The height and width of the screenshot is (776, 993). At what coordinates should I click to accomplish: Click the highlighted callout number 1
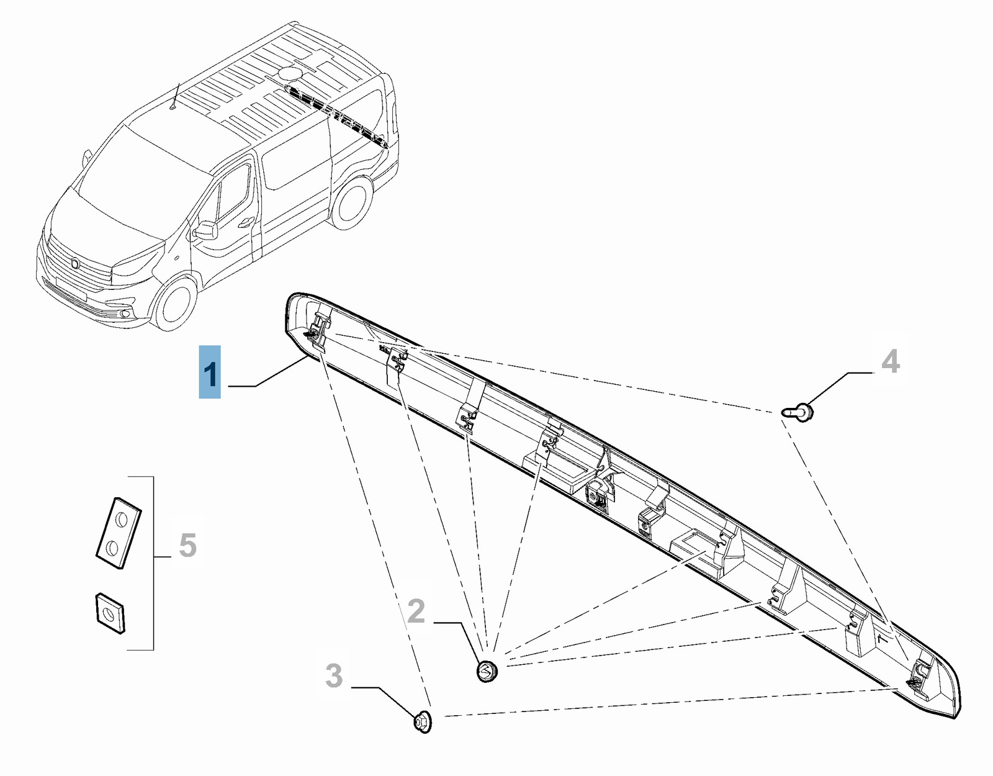tap(210, 372)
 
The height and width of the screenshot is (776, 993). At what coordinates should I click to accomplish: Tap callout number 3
tap(334, 675)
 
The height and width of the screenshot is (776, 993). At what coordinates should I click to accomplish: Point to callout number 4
tap(890, 361)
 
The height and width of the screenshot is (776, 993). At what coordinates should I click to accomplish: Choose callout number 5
tap(187, 546)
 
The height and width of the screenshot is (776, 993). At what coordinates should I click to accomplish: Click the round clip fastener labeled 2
tap(487, 671)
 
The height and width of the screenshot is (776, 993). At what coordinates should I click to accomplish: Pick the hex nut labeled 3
tap(422, 722)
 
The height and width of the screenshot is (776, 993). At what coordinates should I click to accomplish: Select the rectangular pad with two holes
tap(119, 532)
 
